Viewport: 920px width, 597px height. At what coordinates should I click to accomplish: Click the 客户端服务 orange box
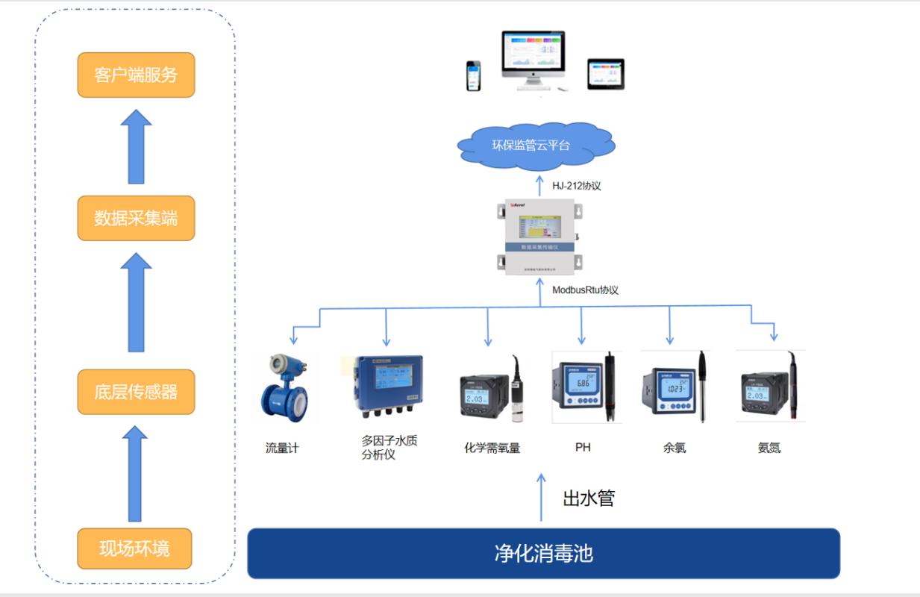pos(136,75)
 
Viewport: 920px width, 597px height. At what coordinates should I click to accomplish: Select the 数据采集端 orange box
pos(136,218)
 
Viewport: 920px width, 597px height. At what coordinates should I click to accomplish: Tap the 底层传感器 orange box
pos(136,392)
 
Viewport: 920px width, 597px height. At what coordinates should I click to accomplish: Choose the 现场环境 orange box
pos(135,548)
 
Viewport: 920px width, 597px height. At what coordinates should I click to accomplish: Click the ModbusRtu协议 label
pos(585,290)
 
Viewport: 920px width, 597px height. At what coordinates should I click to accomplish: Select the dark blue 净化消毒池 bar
pos(543,554)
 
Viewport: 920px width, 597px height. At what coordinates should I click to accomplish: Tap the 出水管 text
pos(589,498)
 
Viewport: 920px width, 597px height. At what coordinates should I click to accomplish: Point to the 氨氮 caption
pos(769,448)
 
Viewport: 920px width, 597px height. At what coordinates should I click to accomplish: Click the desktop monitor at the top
pos(533,60)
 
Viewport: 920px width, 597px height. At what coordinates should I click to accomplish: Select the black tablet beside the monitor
pos(605,75)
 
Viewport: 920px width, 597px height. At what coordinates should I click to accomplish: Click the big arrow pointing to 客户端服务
pos(136,146)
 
